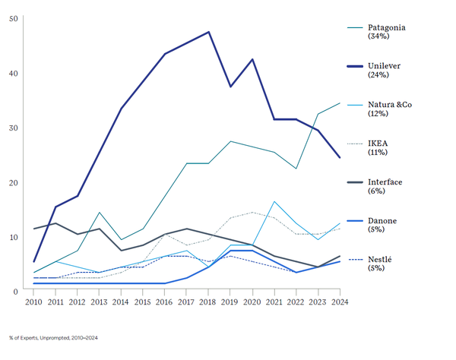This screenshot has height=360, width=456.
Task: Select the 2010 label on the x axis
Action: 33,302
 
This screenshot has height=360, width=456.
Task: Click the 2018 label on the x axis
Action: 208,302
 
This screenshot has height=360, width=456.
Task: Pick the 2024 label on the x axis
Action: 339,302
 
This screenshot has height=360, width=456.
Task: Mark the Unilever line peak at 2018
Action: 208,32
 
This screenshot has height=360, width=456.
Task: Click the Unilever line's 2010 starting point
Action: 33,261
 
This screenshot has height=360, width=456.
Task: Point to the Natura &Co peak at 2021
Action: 274,201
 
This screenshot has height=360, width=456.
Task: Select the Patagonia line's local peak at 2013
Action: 99,213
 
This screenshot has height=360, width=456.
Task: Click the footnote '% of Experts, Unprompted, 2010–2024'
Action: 54,337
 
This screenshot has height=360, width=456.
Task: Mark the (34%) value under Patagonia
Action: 379,36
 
